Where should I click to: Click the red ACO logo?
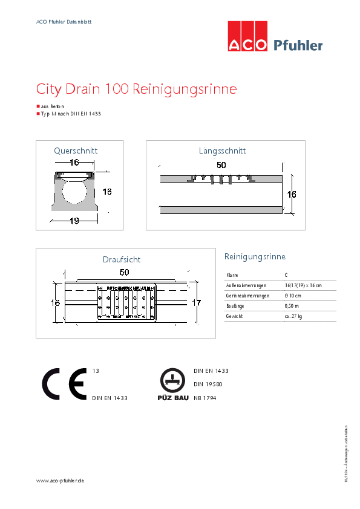pyautogui.click(x=247, y=37)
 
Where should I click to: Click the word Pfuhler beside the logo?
pyautogui.click(x=298, y=45)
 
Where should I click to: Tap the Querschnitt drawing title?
pyautogui.click(x=76, y=151)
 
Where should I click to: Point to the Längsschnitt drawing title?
pyautogui.click(x=222, y=151)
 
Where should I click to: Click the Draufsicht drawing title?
pyautogui.click(x=122, y=259)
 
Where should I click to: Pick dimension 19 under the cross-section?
pyautogui.click(x=74, y=221)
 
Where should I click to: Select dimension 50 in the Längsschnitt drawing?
pyautogui.click(x=221, y=165)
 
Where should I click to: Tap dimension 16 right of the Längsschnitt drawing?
pyautogui.click(x=292, y=195)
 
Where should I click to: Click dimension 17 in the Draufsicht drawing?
pyautogui.click(x=196, y=302)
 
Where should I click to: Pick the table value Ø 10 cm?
pyautogui.click(x=293, y=296)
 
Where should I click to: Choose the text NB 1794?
pyautogui.click(x=205, y=398)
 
